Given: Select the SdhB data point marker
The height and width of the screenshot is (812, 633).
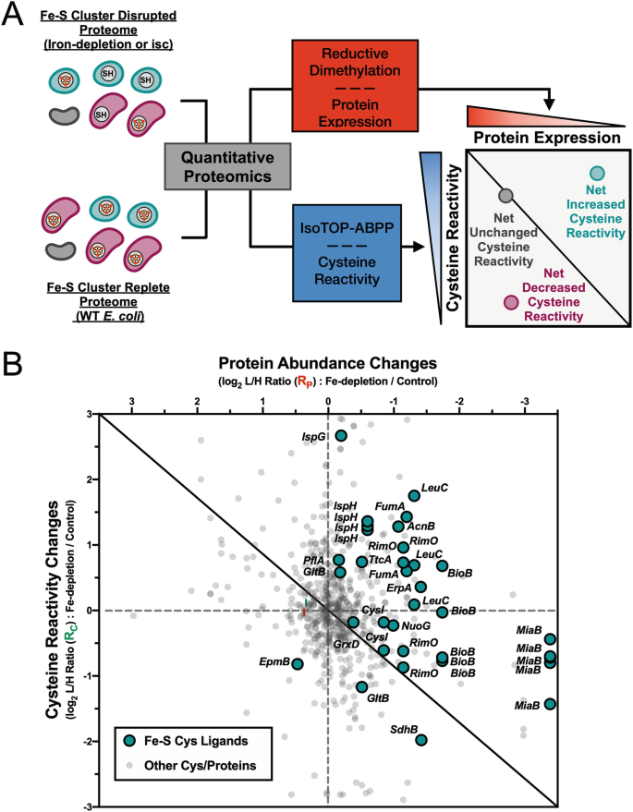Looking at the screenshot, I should (x=421, y=739).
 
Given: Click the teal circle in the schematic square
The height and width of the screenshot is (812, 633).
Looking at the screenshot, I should (x=570, y=173).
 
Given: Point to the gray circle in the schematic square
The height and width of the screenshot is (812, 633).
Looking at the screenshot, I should (x=505, y=195).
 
